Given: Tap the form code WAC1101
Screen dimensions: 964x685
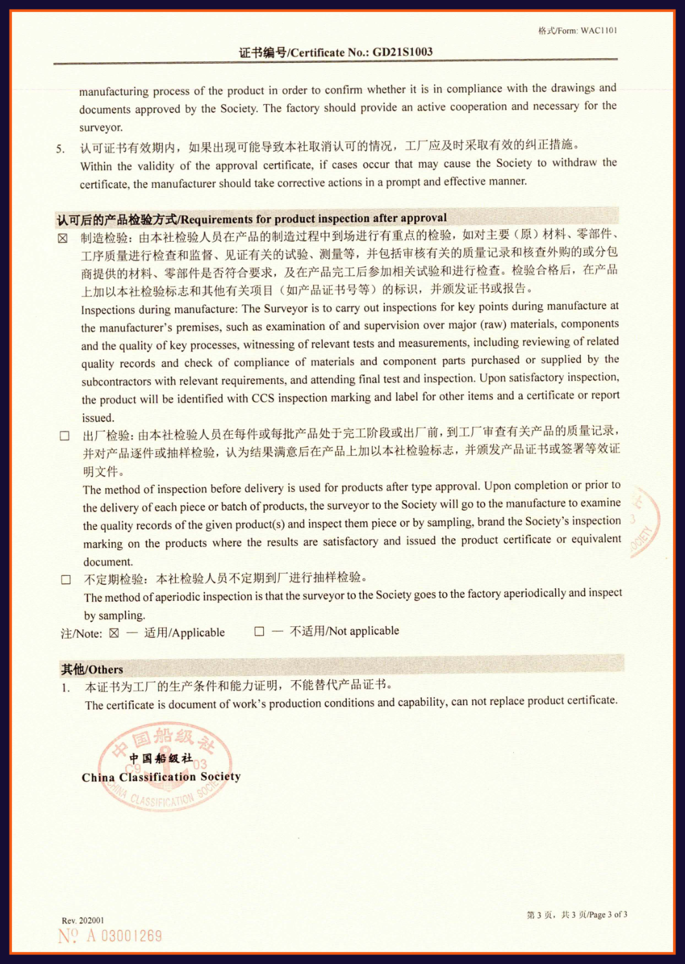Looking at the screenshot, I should click(598, 30).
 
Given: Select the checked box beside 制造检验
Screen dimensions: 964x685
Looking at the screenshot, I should click(63, 239).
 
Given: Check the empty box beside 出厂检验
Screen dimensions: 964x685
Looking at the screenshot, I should click(65, 436).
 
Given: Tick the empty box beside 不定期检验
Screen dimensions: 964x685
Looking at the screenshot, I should click(66, 579).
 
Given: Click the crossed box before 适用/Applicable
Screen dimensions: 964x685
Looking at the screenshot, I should click(114, 633).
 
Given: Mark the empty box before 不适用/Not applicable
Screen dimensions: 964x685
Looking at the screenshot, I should click(259, 631).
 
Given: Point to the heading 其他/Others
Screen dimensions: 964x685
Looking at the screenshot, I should click(92, 670).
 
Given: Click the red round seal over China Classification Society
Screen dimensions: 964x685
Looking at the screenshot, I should click(165, 767).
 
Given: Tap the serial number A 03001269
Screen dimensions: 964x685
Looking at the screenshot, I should click(124, 936).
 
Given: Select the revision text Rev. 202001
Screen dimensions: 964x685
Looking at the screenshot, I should click(83, 920).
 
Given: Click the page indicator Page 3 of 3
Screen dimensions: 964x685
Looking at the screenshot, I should click(608, 914).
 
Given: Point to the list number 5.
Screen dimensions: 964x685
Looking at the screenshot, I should click(60, 149).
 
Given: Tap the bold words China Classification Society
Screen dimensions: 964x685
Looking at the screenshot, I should click(161, 777).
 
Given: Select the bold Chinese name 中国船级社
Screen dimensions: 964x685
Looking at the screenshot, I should click(160, 758).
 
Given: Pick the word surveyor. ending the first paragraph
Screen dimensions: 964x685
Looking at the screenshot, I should click(101, 128).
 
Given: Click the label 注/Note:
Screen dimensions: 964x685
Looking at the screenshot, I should click(81, 633).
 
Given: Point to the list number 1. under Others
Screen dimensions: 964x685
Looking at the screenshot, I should click(66, 688).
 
